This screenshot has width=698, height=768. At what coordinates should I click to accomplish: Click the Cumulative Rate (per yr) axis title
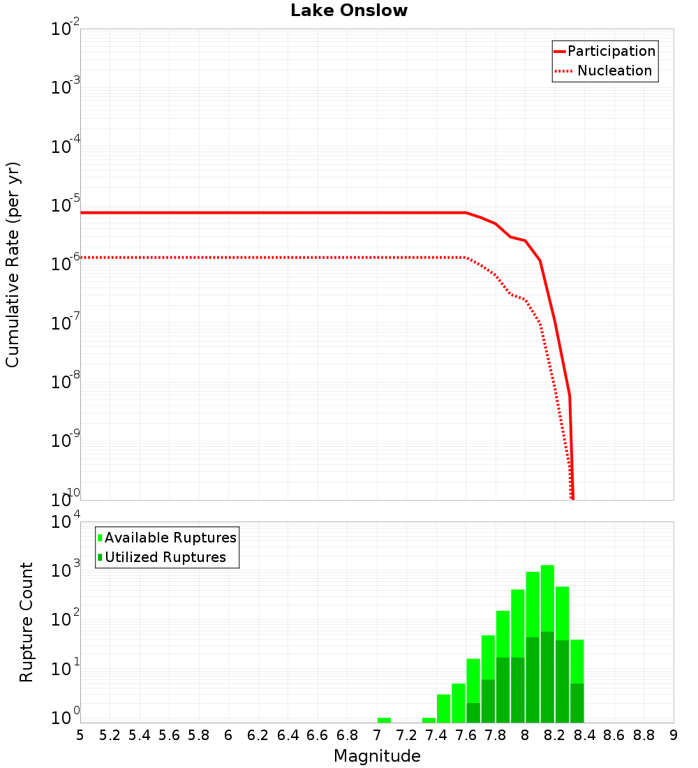pos(13,264)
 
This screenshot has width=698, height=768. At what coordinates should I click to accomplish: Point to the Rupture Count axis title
pos(27,621)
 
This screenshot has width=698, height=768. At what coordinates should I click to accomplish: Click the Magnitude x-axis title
pos(377,755)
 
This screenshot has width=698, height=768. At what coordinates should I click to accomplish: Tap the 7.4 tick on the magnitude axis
pos(436,735)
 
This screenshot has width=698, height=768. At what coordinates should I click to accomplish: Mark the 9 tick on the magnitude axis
pos(674,735)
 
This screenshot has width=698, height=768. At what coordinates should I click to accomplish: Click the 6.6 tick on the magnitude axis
pos(318,735)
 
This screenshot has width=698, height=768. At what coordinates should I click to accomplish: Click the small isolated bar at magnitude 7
pos(384,720)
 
